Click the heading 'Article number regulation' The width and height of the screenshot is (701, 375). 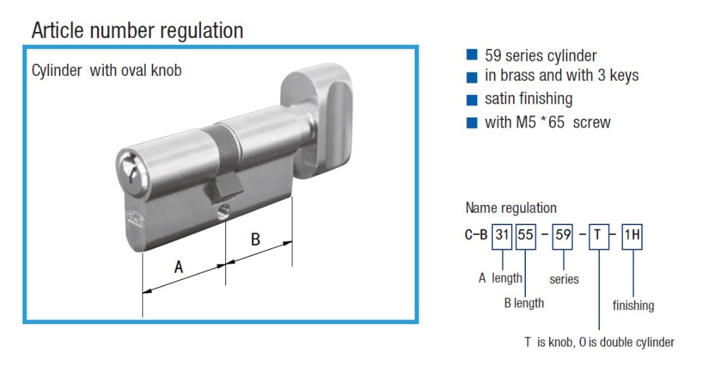pyautogui.click(x=137, y=31)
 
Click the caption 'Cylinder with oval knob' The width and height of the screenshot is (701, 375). pyautogui.click(x=107, y=71)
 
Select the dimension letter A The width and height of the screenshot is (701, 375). pyautogui.click(x=178, y=267)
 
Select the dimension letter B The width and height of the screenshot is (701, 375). pyautogui.click(x=255, y=239)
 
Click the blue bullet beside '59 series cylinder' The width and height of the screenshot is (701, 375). pyautogui.click(x=472, y=55)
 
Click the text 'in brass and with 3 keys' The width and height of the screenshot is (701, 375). pyautogui.click(x=561, y=75)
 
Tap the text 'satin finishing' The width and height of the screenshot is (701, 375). pyautogui.click(x=528, y=99)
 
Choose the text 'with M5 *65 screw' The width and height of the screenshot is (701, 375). pyautogui.click(x=547, y=123)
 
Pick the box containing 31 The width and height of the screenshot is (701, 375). pyautogui.click(x=501, y=236)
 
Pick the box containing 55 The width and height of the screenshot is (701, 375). pyautogui.click(x=526, y=236)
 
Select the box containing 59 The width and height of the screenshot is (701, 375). pyautogui.click(x=563, y=236)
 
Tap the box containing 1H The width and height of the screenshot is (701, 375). pyautogui.click(x=632, y=236)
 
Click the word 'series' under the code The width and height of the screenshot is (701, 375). pyautogui.click(x=564, y=279)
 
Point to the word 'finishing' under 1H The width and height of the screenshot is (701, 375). pyautogui.click(x=632, y=305)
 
